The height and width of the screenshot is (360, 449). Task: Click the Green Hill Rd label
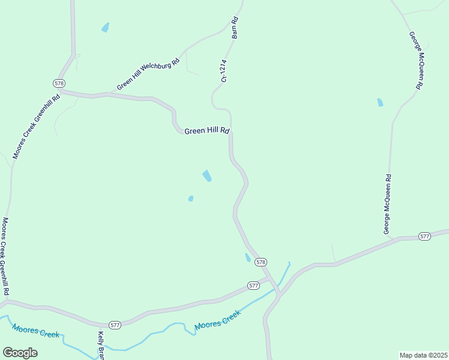206,131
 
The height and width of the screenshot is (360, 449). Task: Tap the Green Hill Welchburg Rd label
148,74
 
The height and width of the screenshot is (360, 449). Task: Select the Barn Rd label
235,28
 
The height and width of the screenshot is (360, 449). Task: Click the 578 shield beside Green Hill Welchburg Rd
59,83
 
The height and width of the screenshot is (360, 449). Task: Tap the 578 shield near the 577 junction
261,262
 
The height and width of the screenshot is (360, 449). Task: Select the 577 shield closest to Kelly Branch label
115,325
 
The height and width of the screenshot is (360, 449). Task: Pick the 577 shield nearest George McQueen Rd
424,236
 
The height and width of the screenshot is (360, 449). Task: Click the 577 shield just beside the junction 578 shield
253,285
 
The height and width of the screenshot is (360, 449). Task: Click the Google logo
20,353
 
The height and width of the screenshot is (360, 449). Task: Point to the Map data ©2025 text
424,355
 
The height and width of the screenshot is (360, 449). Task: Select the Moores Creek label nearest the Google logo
35,330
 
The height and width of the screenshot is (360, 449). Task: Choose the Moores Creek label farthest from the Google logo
217,321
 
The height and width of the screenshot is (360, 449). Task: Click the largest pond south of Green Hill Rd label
207,176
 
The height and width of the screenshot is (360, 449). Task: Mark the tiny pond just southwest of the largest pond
191,199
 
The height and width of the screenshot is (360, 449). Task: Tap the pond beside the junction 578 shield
247,257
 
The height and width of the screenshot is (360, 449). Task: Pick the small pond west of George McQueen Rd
380,102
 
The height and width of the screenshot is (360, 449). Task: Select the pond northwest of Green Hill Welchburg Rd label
106,27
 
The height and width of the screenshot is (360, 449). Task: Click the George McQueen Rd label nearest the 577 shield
388,204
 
